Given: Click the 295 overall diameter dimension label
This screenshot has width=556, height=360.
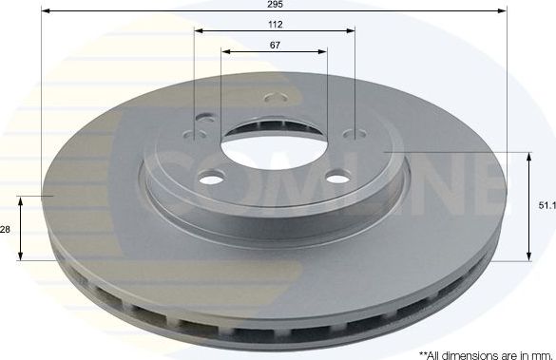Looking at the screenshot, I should [x=274, y=5].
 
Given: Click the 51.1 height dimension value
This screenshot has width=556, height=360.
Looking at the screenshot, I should [x=546, y=203].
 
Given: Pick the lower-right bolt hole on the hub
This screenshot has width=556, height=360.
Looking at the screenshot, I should [x=336, y=177].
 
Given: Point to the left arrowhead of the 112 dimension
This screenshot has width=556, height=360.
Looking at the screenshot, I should [x=200, y=31].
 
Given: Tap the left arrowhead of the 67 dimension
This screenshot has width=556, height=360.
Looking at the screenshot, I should [x=226, y=51].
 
